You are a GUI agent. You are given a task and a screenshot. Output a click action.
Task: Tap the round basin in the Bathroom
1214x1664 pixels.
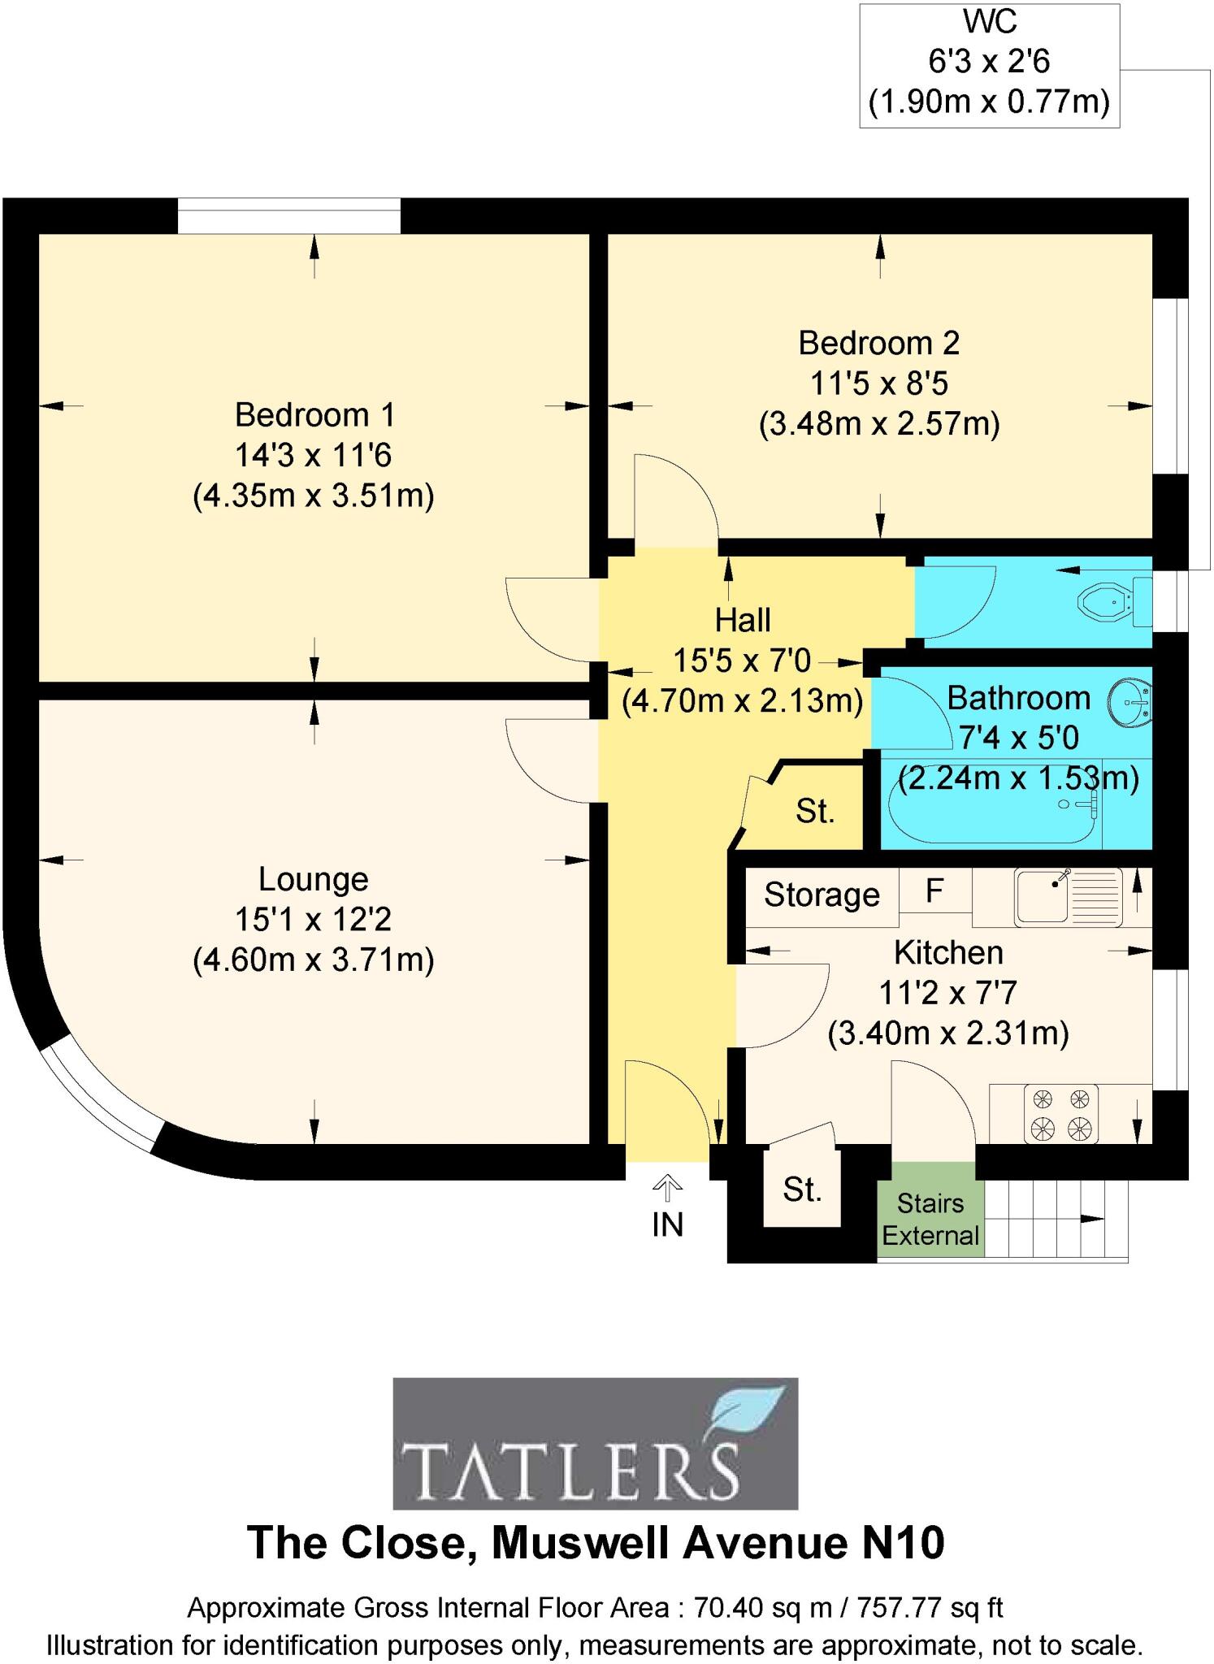[1129, 700]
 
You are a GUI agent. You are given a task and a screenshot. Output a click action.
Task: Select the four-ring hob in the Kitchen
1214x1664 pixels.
[1060, 1114]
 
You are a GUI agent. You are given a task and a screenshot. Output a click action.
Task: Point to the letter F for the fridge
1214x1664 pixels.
[934, 891]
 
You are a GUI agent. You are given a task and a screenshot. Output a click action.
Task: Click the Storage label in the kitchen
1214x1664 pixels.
[822, 895]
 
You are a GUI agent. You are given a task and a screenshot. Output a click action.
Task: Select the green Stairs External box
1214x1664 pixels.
[930, 1219]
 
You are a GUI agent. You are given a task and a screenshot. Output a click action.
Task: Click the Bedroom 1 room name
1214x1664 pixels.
[314, 415]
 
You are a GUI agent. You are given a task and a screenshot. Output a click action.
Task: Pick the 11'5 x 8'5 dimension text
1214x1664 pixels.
[879, 383]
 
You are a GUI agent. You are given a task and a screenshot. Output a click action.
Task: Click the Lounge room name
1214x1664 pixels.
[314, 879]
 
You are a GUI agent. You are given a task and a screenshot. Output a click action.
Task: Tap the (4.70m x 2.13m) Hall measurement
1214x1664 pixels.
[742, 700]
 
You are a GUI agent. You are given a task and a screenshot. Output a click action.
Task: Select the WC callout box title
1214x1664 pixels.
[989, 22]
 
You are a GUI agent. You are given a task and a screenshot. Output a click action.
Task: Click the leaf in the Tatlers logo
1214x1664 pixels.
[748, 1414]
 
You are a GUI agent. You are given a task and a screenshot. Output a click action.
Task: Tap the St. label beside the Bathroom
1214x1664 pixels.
[815, 811]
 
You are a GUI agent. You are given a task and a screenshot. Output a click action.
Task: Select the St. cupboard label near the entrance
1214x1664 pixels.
[802, 1189]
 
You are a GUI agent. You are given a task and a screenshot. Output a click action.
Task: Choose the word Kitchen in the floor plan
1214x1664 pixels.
[948, 952]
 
